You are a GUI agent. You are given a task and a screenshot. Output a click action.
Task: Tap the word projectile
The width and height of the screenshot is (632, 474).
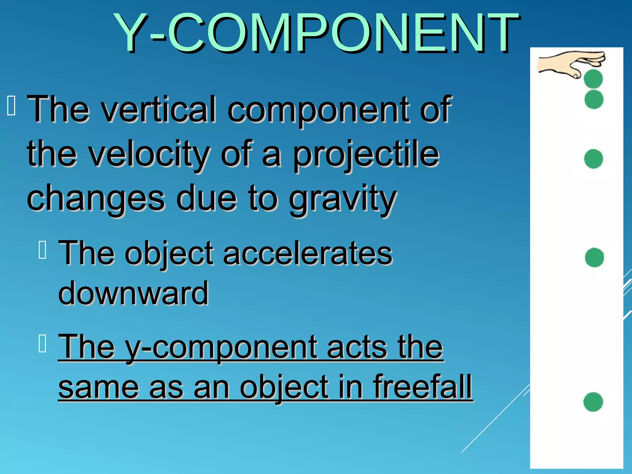tap(366, 154)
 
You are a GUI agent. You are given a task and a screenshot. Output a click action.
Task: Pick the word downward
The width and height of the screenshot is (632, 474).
tap(133, 293)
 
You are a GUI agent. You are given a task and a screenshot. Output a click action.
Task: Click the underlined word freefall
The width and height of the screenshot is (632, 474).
tap(422, 387)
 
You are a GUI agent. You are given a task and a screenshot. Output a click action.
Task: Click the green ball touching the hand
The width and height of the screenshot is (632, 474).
tap(593, 79)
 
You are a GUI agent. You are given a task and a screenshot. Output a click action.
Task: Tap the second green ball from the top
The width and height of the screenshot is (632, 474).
tap(594, 99)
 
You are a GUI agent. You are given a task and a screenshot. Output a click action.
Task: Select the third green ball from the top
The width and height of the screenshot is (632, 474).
tap(593, 159)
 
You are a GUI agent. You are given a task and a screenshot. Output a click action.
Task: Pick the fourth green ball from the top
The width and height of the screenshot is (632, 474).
tap(594, 257)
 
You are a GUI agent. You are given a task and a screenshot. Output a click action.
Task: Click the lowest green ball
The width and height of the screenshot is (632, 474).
tap(593, 402)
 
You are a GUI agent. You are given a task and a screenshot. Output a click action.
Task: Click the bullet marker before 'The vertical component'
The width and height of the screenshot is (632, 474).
tap(11, 106)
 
